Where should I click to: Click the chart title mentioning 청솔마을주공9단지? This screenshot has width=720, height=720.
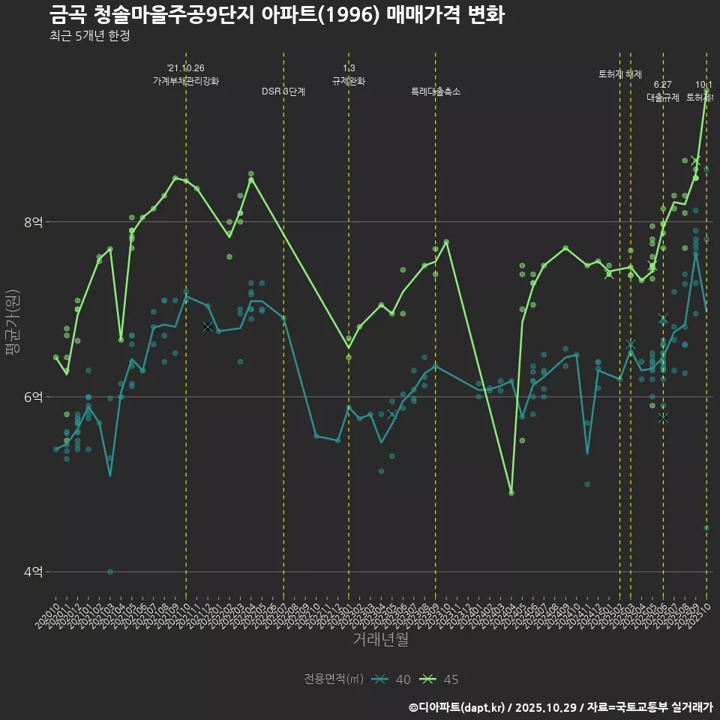[x=277, y=15]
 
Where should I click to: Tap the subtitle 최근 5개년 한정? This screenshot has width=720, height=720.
[x=89, y=35]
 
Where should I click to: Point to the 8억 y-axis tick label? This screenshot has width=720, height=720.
[x=33, y=222]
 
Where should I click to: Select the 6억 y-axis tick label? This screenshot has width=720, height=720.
[x=33, y=397]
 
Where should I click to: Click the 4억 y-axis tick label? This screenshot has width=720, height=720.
[x=33, y=571]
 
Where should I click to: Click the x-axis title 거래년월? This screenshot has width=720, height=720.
[x=381, y=640]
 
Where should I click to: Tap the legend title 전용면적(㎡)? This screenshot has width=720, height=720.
[x=334, y=679]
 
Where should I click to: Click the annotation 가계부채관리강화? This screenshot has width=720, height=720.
[x=186, y=81]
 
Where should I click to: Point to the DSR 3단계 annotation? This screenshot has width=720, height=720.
[x=283, y=91]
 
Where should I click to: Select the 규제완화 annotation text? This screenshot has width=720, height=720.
[x=349, y=81]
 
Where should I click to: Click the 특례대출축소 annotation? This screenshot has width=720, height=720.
[x=436, y=91]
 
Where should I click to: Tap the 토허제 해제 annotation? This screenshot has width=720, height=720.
[x=620, y=74]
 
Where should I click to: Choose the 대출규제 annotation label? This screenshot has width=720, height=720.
[x=663, y=97]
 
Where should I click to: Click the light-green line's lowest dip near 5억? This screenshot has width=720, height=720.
[x=511, y=492]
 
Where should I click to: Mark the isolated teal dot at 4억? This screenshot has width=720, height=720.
[x=110, y=571]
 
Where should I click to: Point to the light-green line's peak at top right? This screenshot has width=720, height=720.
[x=706, y=91]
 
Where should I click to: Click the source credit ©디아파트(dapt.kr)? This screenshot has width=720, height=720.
[x=457, y=707]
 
